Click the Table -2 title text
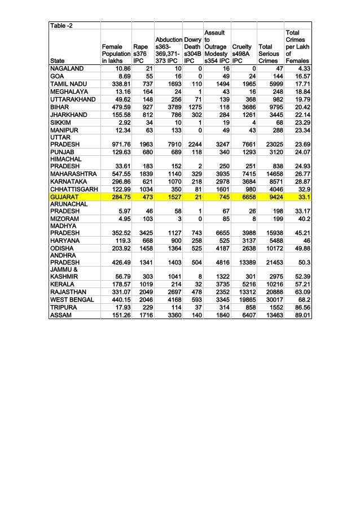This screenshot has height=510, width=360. click(x=60, y=26)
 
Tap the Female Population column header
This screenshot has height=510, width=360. click(x=115, y=51)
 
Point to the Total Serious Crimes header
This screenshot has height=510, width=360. click(x=268, y=51)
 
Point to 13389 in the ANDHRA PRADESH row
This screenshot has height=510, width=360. click(x=242, y=262)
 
